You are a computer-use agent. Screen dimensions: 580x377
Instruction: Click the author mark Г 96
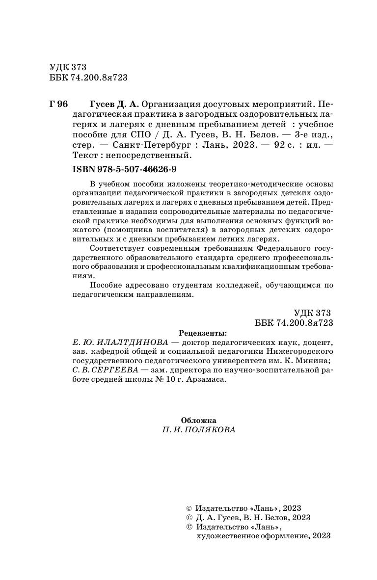tap(58, 105)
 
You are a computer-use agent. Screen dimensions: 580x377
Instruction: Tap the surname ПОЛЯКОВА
tap(210, 430)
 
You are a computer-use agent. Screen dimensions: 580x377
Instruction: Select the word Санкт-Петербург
tap(145, 145)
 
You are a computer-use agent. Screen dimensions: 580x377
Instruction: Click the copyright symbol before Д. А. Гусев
tap(189, 517)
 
